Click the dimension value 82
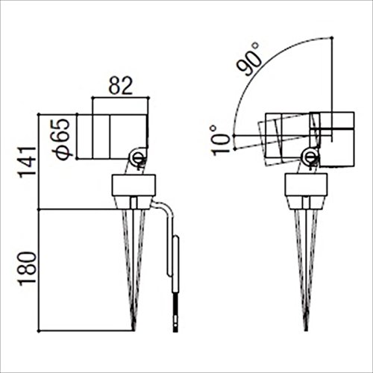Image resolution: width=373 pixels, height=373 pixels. (x=121, y=86)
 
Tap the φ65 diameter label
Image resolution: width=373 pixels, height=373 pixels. (x=62, y=140)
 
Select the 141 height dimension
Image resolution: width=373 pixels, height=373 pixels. (x=28, y=162)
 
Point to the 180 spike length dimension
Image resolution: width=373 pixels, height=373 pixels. (x=28, y=268)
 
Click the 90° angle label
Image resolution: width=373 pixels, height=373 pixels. (x=248, y=60)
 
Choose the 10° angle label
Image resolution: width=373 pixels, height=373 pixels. (x=217, y=140)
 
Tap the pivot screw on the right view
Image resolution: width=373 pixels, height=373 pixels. (x=309, y=157)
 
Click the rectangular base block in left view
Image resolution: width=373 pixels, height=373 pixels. (x=134, y=185)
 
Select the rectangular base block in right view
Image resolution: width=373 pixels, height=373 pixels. (x=306, y=185)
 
